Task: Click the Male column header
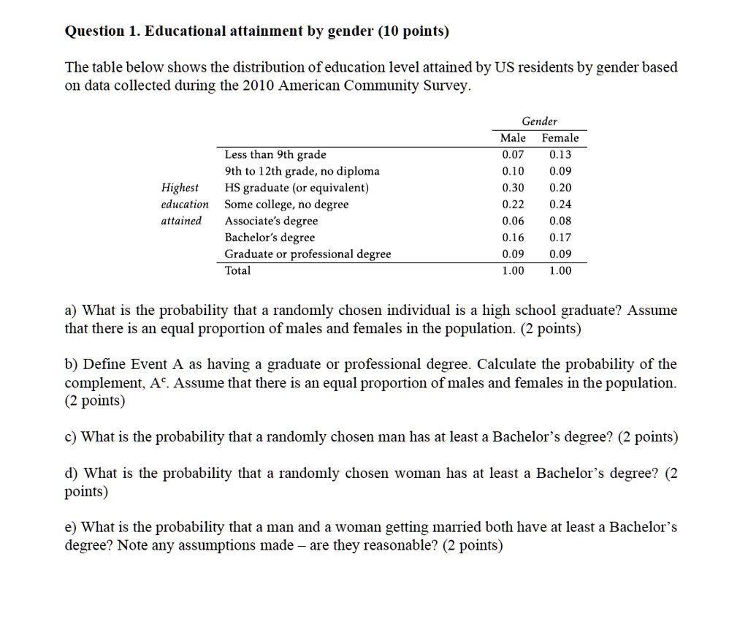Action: (x=513, y=138)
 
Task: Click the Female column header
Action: (x=560, y=138)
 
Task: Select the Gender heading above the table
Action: (x=539, y=121)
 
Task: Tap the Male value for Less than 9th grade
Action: (x=513, y=154)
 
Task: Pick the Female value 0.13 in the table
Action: (x=560, y=154)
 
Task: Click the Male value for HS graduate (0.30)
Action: (x=513, y=188)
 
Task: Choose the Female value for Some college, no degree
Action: (x=560, y=205)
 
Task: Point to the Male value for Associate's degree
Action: (x=513, y=221)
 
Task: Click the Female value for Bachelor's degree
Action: (x=560, y=238)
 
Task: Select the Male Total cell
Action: (x=513, y=270)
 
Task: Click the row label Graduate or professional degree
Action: (x=308, y=254)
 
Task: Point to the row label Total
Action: (x=237, y=270)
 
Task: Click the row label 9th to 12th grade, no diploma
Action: (x=302, y=171)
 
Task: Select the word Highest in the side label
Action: (x=180, y=188)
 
